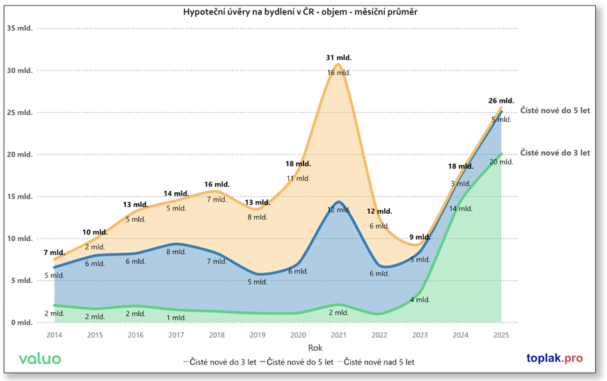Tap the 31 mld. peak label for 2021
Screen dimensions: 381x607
338,57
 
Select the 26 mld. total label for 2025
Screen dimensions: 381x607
501,101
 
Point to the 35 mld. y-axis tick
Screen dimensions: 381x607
20,29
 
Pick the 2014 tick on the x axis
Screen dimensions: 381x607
54,335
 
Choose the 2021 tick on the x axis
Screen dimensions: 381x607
338,335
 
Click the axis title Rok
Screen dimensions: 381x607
277,347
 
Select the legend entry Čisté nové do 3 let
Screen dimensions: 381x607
221,361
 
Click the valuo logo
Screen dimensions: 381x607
40,359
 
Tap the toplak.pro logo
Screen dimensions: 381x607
554,359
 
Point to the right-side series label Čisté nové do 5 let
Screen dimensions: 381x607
555,111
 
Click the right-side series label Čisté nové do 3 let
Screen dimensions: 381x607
555,153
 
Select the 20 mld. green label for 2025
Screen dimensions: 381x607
501,162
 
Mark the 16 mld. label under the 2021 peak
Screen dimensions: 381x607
338,72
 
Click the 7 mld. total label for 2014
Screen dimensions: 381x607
54,252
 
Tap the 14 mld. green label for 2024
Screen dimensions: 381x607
461,208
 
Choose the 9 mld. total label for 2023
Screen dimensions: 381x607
420,238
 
